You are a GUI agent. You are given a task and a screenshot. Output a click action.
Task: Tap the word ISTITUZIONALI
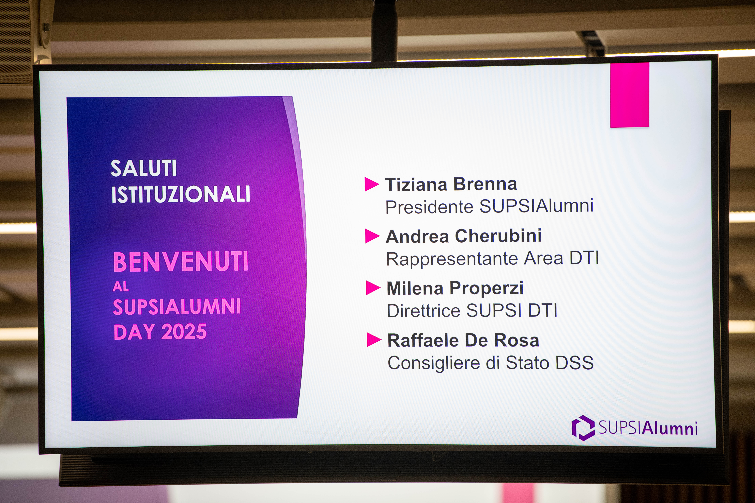tap(180, 194)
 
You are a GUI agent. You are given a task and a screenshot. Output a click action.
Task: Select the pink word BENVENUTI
tap(181, 262)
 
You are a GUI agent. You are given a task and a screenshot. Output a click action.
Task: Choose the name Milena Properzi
tap(455, 288)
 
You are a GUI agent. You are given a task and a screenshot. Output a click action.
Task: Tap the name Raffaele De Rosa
tap(463, 340)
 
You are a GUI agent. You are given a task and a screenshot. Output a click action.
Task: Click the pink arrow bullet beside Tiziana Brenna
tap(371, 184)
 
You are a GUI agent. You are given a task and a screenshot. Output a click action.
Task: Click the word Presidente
tap(429, 207)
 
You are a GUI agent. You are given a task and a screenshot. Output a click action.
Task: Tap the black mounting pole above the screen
tap(384, 30)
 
